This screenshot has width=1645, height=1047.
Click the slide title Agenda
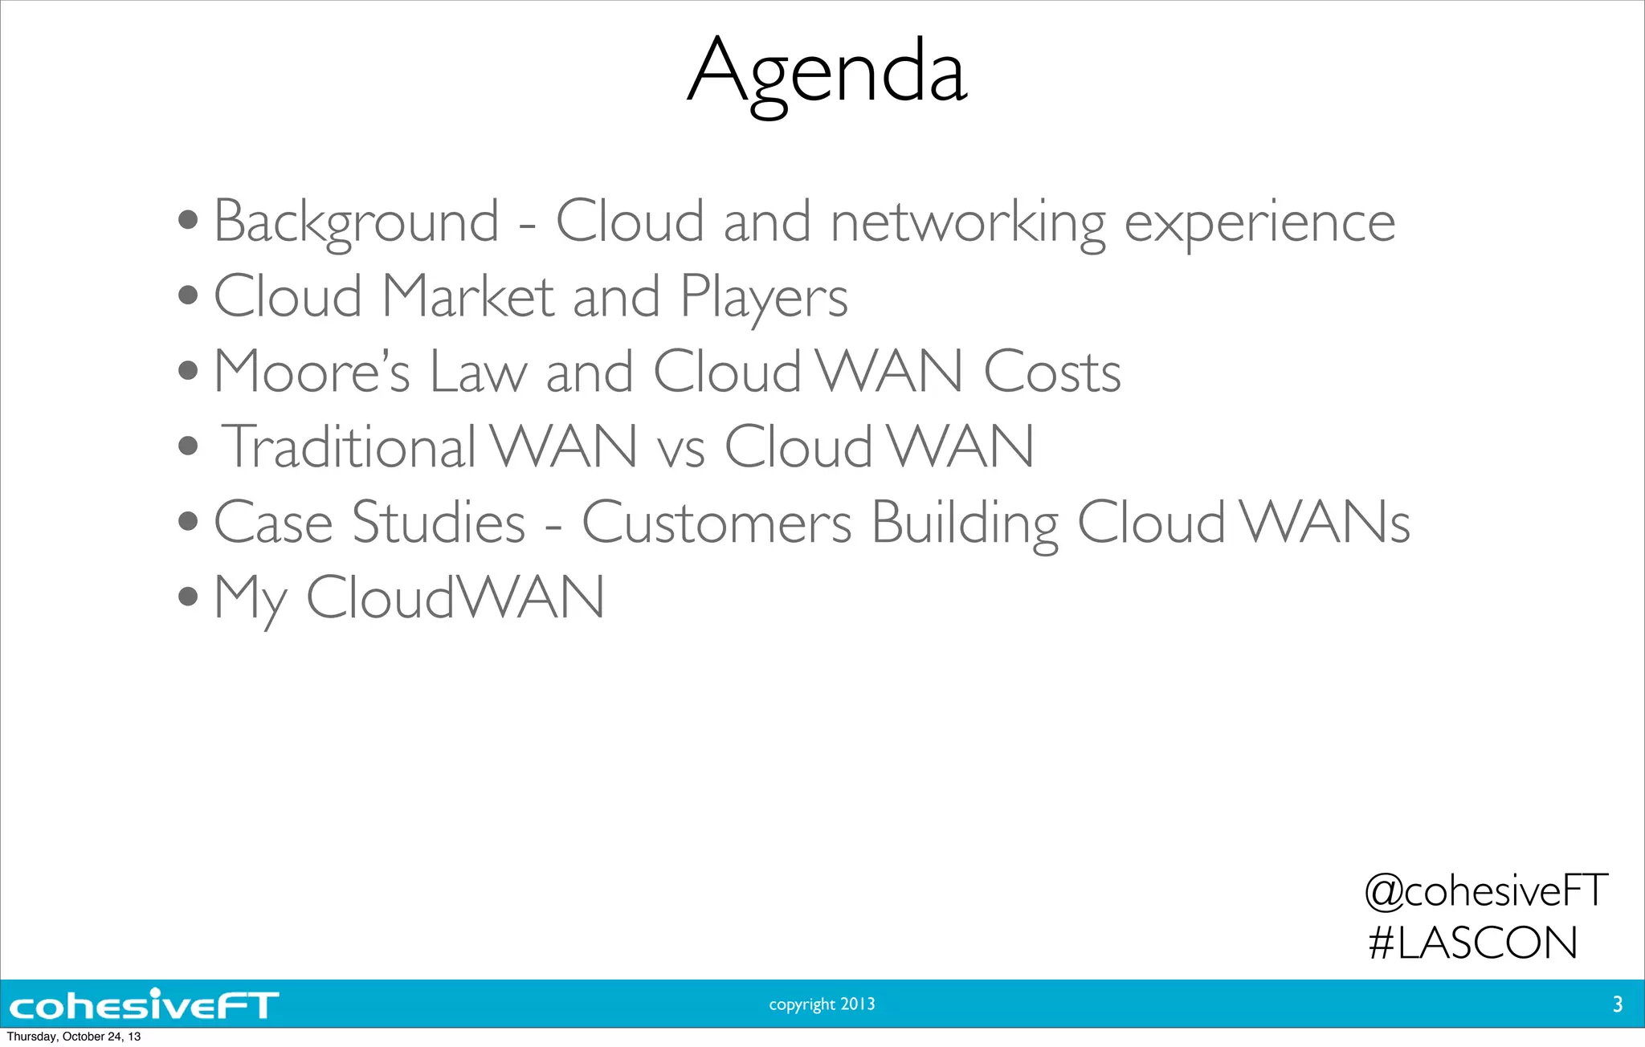tap(827, 72)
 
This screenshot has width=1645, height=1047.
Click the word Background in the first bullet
tap(356, 222)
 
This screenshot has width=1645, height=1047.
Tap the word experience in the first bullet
tap(1259, 222)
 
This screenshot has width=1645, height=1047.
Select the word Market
tap(467, 297)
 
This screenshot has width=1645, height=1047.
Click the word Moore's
tap(312, 372)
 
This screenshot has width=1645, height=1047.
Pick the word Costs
tap(1051, 372)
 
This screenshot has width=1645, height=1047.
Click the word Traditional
tap(349, 446)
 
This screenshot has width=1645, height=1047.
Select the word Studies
tap(439, 523)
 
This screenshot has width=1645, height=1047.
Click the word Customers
tap(716, 523)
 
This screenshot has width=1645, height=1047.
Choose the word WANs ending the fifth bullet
tap(1325, 523)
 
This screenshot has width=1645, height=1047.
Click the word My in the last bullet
tap(250, 599)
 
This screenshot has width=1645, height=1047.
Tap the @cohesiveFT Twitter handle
tap(1486, 890)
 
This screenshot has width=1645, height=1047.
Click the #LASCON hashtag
tap(1473, 943)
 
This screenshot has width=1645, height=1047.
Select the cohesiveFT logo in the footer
tap(144, 1004)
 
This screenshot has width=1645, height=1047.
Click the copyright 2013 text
tap(822, 1004)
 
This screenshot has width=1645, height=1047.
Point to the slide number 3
tap(1617, 1004)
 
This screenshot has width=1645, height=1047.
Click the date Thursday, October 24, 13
tap(73, 1037)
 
